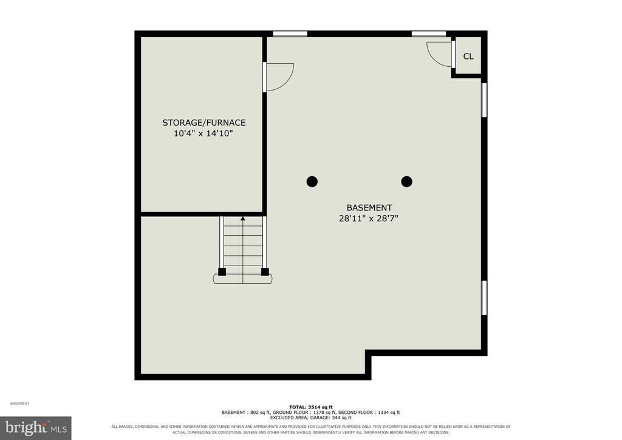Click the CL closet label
tap(468, 57)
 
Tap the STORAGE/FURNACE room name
tap(204, 123)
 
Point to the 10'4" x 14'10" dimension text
tap(203, 133)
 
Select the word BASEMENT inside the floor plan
tap(369, 207)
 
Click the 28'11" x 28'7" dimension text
tap(369, 218)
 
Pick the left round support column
tap(312, 182)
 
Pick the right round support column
tap(406, 182)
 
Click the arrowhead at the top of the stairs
tap(243, 218)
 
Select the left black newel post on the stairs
tap(222, 272)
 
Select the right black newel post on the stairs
tap(265, 272)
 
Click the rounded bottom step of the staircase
tap(243, 279)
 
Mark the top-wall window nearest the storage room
tap(290, 33)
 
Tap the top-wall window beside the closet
tap(429, 33)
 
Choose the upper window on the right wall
tap(484, 100)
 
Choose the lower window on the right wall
tap(484, 298)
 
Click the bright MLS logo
tap(36, 428)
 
